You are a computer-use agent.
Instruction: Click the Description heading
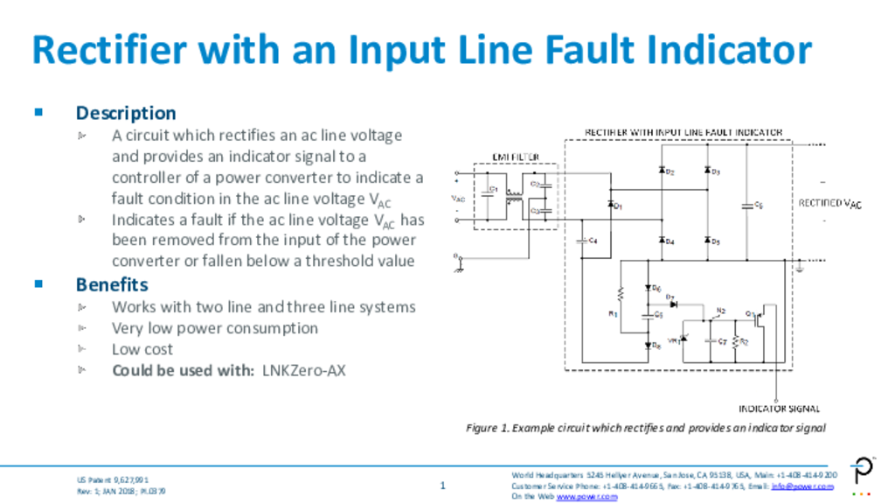click(126, 113)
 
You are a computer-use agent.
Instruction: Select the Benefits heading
click(112, 284)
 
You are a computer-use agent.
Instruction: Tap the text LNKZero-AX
click(304, 370)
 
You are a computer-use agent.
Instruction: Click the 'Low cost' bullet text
click(142, 349)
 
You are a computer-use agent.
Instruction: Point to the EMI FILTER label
click(516, 157)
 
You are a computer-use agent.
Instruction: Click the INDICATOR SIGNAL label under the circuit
click(780, 409)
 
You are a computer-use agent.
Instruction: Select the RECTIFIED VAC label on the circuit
click(829, 203)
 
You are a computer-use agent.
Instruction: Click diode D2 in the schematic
click(663, 171)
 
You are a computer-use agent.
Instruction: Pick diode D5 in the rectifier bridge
click(706, 240)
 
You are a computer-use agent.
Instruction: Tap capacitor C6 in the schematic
click(748, 206)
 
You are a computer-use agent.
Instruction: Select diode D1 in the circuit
click(611, 205)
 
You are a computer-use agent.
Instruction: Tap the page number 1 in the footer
click(443, 486)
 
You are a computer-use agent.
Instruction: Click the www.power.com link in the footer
click(586, 496)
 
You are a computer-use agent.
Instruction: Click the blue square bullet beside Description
click(38, 112)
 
